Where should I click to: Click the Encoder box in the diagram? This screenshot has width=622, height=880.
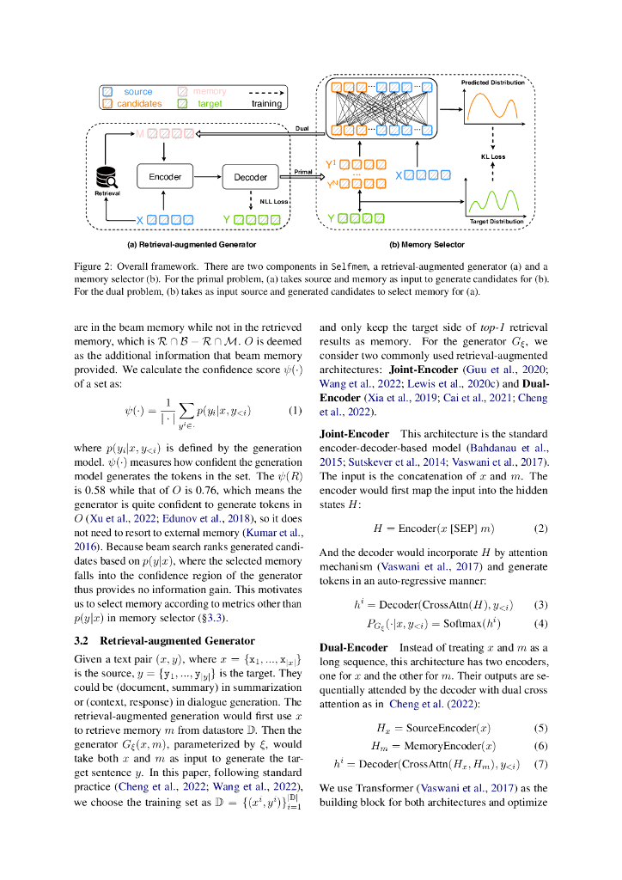165,176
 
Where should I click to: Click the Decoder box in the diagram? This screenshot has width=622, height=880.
251,177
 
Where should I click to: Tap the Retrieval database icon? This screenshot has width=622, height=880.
108,178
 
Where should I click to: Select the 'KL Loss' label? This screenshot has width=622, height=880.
493,156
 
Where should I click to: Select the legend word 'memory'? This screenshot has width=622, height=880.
210,91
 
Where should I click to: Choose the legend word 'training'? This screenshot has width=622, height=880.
266,103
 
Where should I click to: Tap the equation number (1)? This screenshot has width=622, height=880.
295,409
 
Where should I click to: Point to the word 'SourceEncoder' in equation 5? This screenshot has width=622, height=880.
441,727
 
